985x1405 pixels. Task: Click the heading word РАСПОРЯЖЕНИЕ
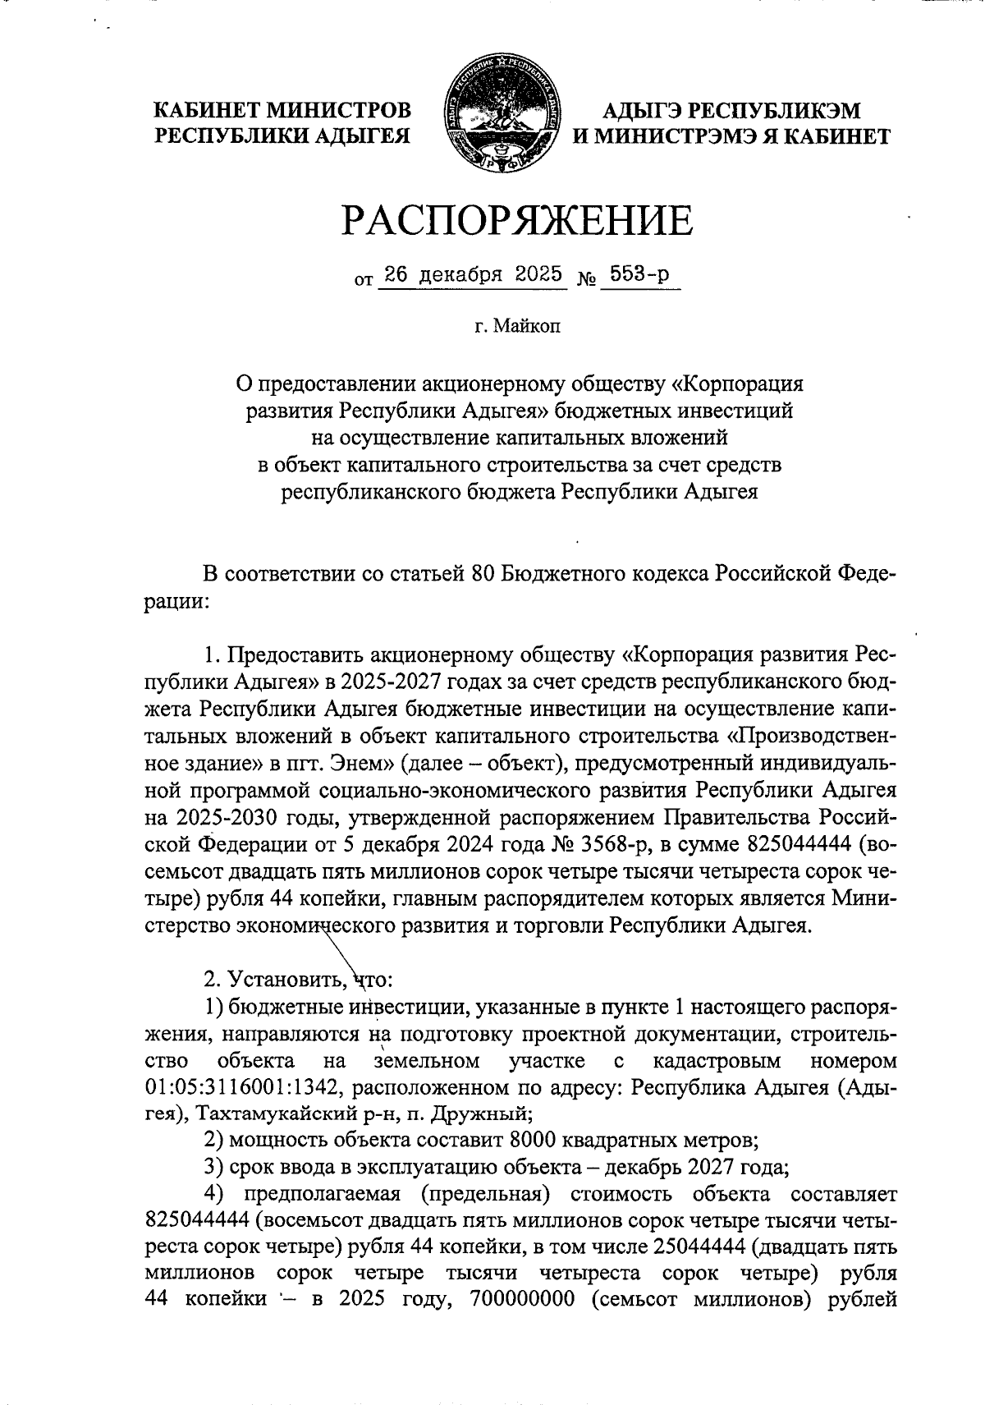tap(517, 220)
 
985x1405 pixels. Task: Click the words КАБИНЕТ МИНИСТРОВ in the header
tap(283, 109)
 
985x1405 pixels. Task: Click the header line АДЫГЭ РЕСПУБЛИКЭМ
tap(731, 109)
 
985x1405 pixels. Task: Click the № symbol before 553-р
tap(587, 279)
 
